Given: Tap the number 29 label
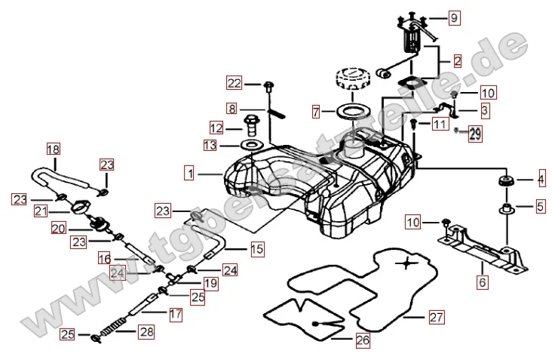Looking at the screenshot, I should click(x=475, y=135).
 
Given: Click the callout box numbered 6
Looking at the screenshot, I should click(x=481, y=283).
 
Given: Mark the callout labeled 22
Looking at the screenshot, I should click(x=235, y=83).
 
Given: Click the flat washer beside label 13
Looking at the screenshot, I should click(x=252, y=143).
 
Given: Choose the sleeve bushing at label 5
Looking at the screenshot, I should click(x=504, y=205).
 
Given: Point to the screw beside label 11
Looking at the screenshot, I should click(x=414, y=122).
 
